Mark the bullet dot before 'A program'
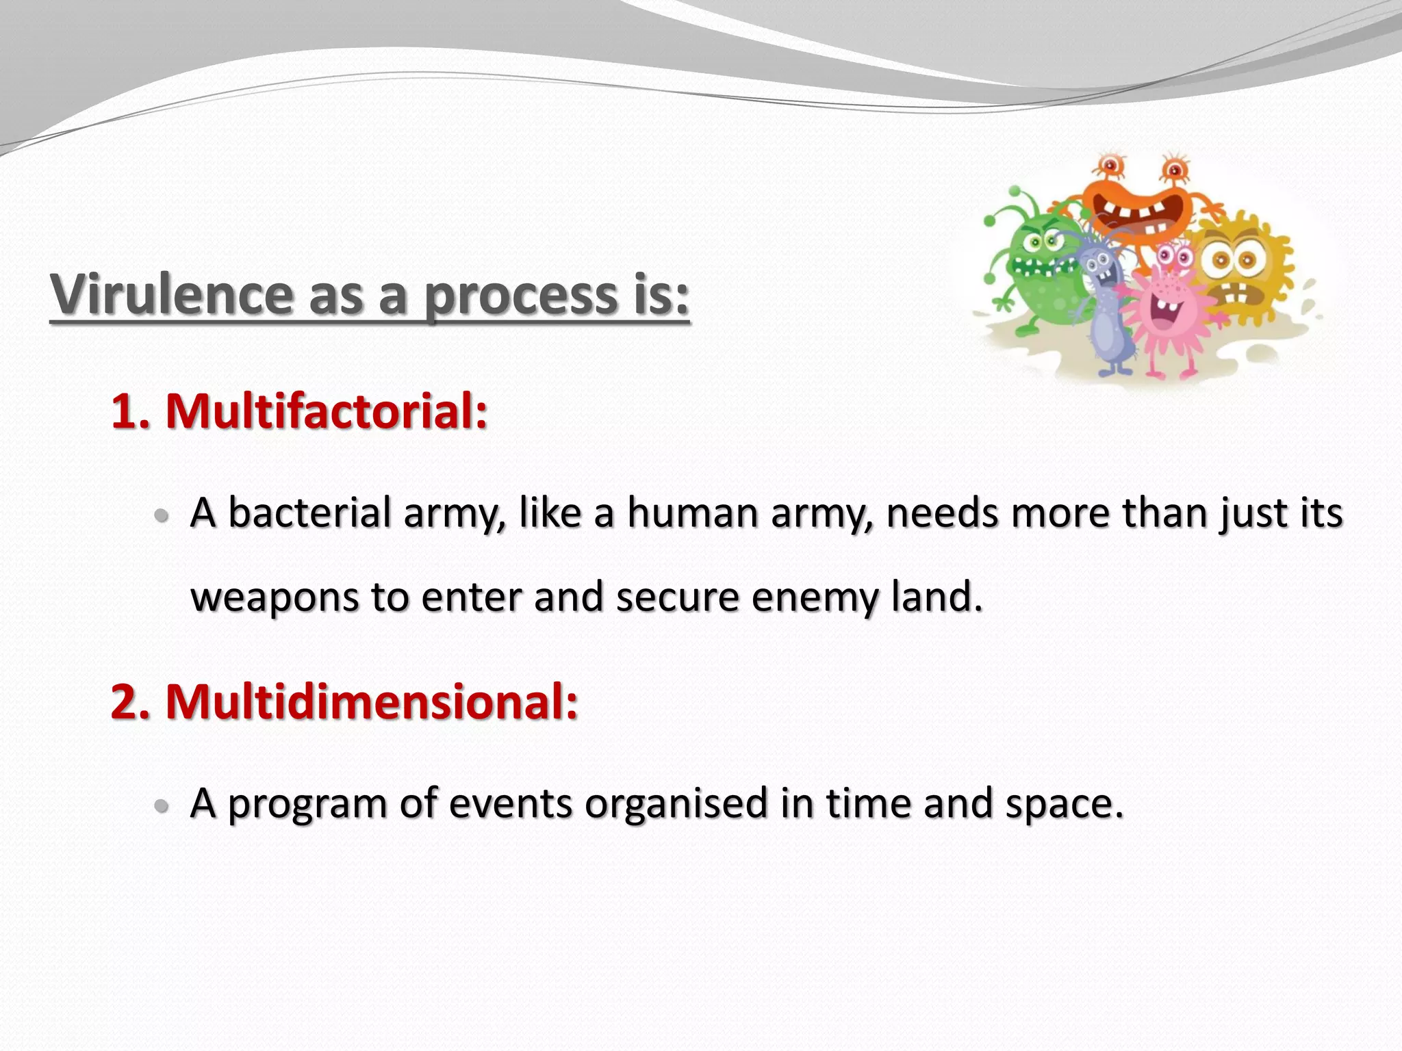(x=162, y=806)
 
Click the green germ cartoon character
(x=1037, y=267)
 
